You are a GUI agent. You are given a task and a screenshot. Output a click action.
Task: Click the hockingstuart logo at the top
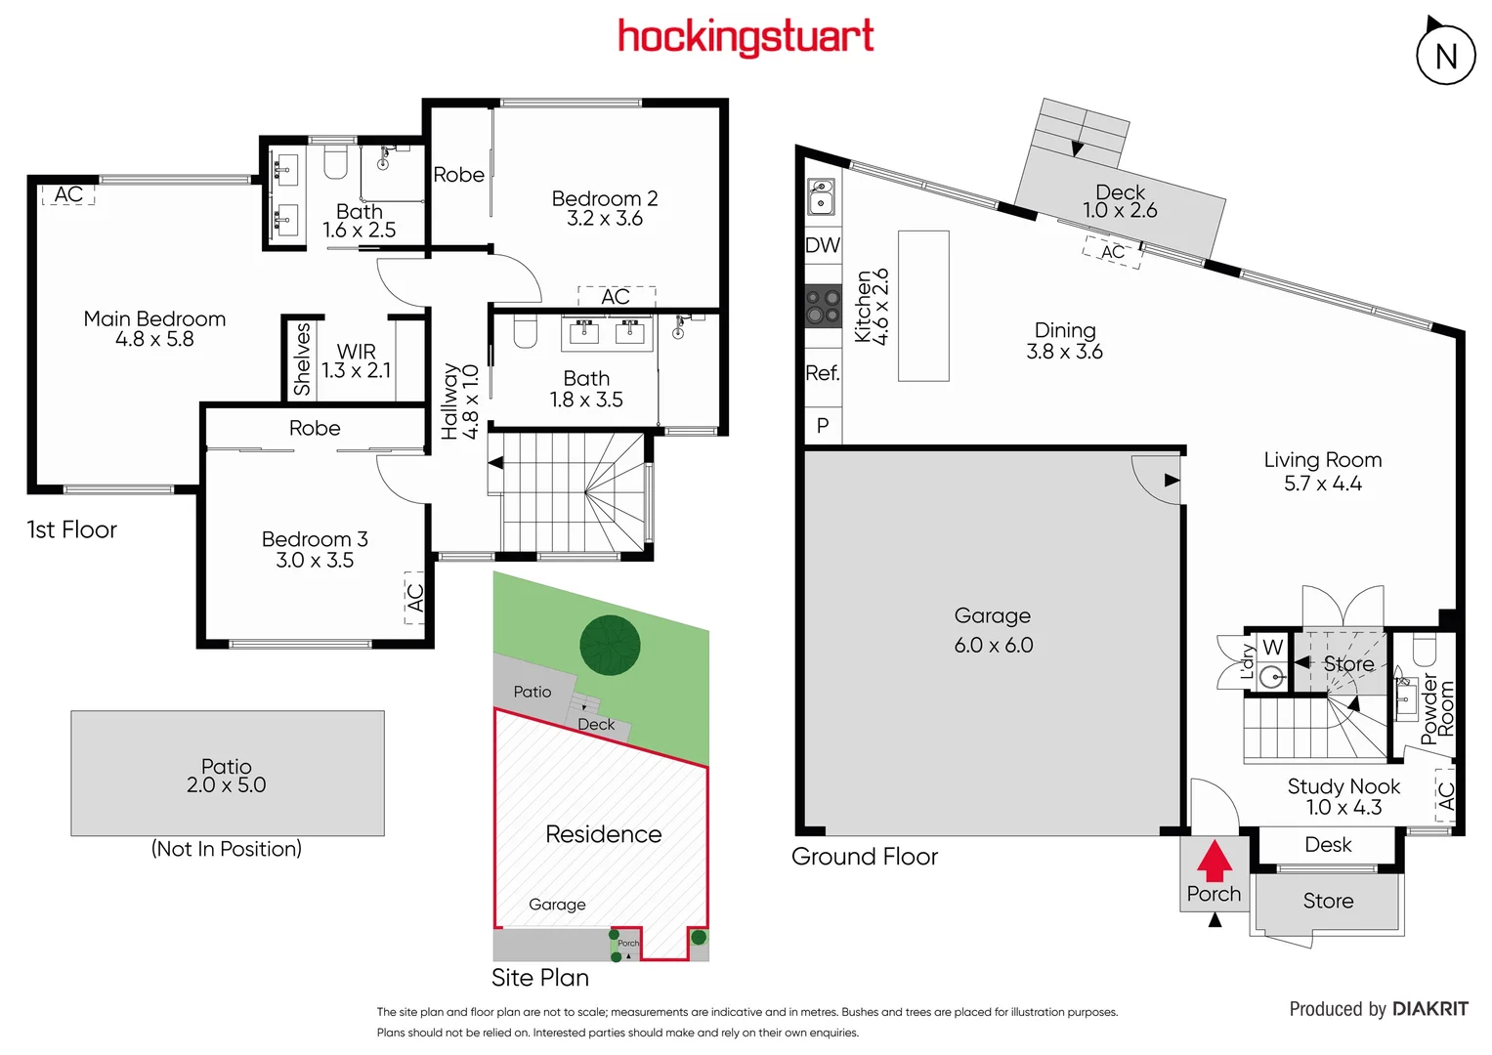(746, 37)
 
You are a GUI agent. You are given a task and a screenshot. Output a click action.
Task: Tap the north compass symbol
(1445, 55)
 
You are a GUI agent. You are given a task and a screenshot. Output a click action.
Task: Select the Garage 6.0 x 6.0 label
(993, 630)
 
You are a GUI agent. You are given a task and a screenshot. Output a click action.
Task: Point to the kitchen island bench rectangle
(923, 306)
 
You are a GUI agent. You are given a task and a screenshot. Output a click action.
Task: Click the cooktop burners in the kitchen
(823, 306)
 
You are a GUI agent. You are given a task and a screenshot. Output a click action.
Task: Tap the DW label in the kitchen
(823, 245)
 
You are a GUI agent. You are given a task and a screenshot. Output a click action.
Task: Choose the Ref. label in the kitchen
(823, 373)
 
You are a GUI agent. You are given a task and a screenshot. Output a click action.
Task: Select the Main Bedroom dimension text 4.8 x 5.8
(154, 340)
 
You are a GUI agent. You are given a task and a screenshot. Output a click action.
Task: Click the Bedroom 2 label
(604, 198)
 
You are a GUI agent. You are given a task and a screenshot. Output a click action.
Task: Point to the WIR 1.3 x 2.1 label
(356, 360)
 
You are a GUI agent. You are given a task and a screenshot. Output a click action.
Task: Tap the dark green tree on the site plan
(610, 645)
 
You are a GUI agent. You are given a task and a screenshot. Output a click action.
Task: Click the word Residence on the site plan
(603, 834)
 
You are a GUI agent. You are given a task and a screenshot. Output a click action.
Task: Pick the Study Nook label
(1343, 786)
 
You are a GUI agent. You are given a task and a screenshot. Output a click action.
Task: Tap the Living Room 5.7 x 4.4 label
(1322, 471)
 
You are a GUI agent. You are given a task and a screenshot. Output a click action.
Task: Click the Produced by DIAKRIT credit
(1378, 1009)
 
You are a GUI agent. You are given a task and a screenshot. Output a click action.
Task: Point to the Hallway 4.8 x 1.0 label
(459, 401)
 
